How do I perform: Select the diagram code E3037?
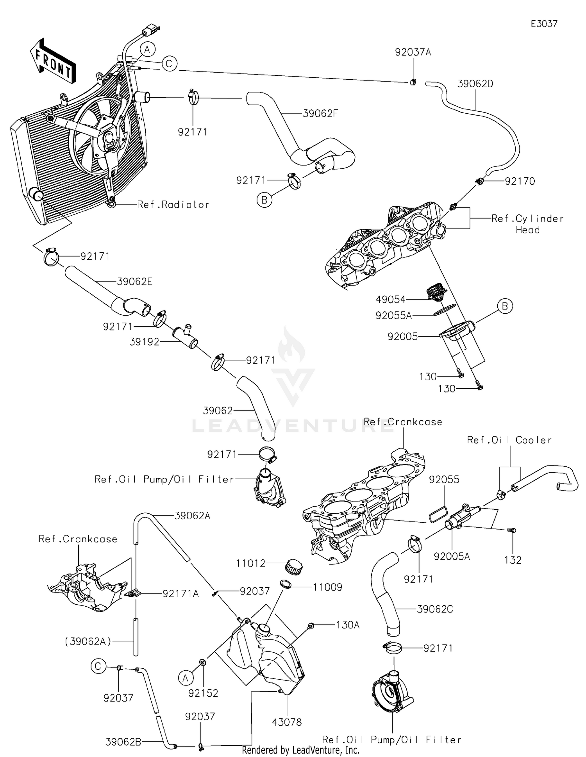click(x=544, y=24)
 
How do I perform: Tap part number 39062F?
click(x=320, y=114)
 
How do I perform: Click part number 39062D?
click(x=475, y=84)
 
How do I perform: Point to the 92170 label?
click(x=520, y=181)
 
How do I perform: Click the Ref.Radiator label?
click(x=173, y=204)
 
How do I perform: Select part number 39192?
click(x=144, y=342)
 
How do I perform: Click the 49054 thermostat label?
click(x=390, y=300)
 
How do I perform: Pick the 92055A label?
click(x=393, y=315)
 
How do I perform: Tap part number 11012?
click(x=250, y=563)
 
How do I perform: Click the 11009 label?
click(x=327, y=587)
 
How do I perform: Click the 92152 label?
click(x=203, y=693)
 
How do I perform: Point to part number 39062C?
click(x=435, y=609)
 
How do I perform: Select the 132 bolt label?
click(x=513, y=560)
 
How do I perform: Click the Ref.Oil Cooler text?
click(x=509, y=440)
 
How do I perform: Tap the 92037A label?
click(x=413, y=52)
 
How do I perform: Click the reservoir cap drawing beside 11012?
click(x=294, y=566)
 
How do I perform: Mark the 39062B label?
click(x=123, y=741)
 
